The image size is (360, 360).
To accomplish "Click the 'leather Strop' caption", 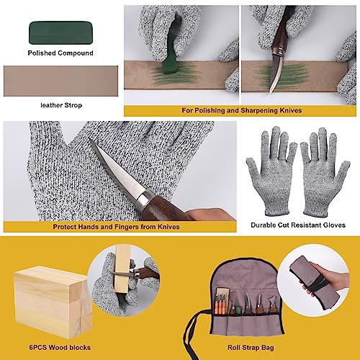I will [x=60, y=105].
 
